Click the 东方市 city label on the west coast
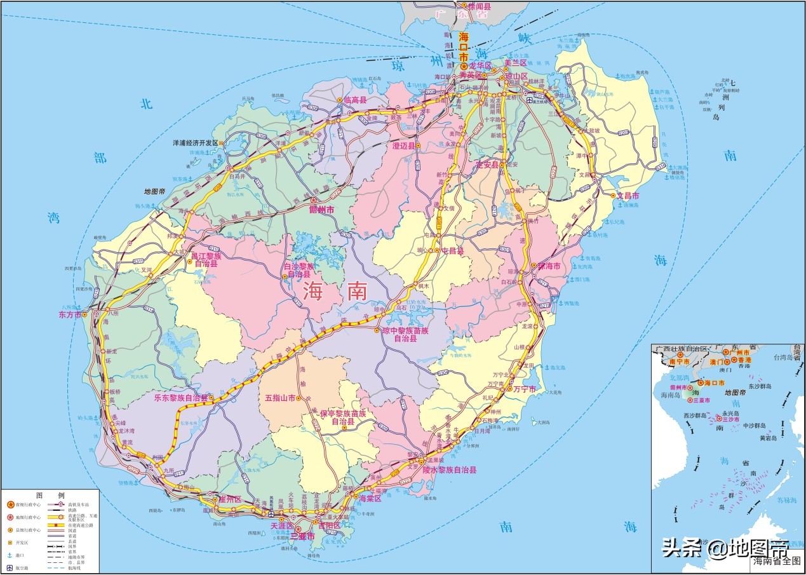pyautogui.click(x=70, y=315)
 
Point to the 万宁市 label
pyautogui.click(x=525, y=389)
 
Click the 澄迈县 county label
pyautogui.click(x=403, y=146)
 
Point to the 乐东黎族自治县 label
pyautogui.click(x=181, y=398)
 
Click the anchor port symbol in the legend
pyautogui.click(x=10, y=555)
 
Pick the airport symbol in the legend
pyautogui.click(x=10, y=567)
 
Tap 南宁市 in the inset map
pyautogui.click(x=679, y=362)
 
